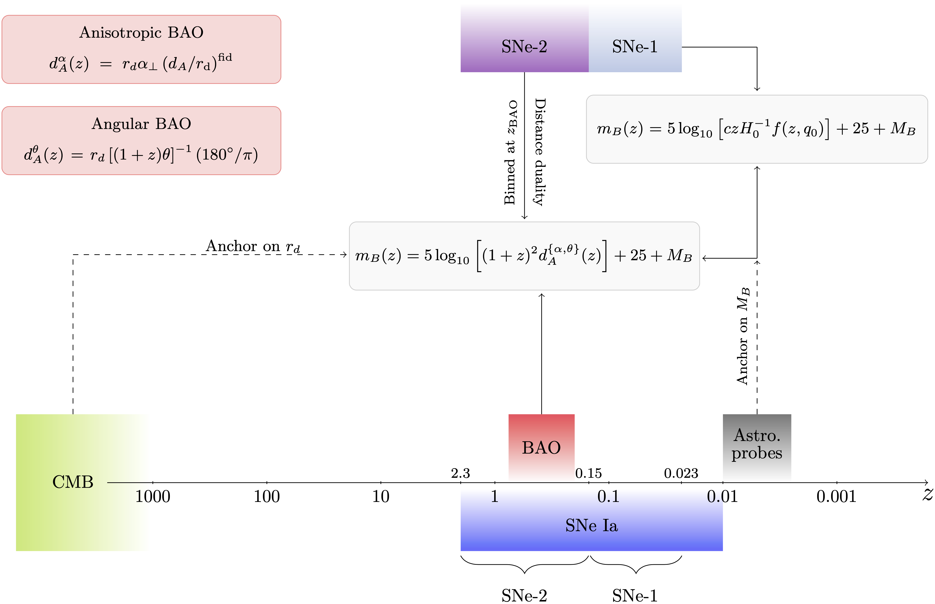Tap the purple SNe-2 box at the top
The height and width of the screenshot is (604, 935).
(x=524, y=47)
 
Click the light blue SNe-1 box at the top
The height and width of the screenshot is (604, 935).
(x=635, y=47)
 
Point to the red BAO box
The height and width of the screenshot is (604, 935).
(x=541, y=447)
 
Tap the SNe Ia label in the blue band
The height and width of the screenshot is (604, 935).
(x=591, y=525)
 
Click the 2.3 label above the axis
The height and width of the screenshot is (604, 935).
(x=460, y=473)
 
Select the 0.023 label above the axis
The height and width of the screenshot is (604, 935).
(x=681, y=473)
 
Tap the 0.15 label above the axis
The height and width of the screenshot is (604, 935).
(x=588, y=473)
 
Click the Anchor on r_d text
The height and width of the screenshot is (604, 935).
(x=253, y=246)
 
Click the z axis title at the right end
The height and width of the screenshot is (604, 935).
(x=927, y=494)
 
